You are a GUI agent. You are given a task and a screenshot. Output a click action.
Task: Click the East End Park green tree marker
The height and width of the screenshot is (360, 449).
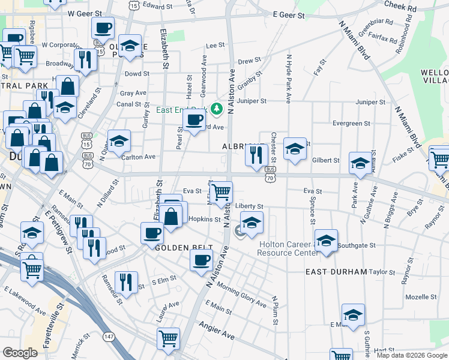pyautogui.click(x=218, y=109)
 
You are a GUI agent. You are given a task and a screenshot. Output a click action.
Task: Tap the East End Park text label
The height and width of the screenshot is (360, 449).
pyautogui.click(x=181, y=110)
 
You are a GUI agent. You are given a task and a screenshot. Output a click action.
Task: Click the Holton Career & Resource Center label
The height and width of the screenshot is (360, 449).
pyautogui.click(x=288, y=248)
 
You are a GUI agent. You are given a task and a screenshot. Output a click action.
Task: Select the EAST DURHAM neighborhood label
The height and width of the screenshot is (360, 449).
pyautogui.click(x=336, y=272)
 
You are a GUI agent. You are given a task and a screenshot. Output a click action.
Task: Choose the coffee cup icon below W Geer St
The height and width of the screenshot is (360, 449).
pyautogui.click(x=103, y=27)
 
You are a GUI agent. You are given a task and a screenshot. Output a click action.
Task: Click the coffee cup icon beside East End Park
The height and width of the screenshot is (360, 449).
pyautogui.click(x=193, y=119)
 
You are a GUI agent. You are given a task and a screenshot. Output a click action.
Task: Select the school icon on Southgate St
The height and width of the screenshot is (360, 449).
pyautogui.click(x=326, y=241)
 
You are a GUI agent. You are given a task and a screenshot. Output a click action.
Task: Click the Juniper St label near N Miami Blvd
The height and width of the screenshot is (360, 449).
pyautogui.click(x=370, y=102)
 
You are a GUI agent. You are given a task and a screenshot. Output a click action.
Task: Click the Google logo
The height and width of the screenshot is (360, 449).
pyautogui.click(x=20, y=353)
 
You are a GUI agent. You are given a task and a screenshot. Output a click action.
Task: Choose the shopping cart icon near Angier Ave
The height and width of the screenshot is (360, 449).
pyautogui.click(x=168, y=338)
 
